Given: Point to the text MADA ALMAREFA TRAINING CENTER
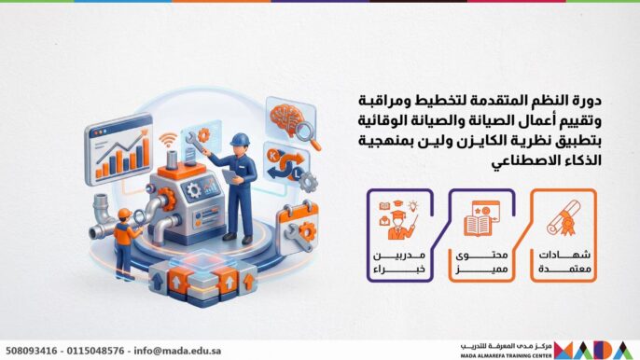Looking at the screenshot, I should tap(507, 354).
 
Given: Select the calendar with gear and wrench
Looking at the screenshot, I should tap(298, 227).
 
